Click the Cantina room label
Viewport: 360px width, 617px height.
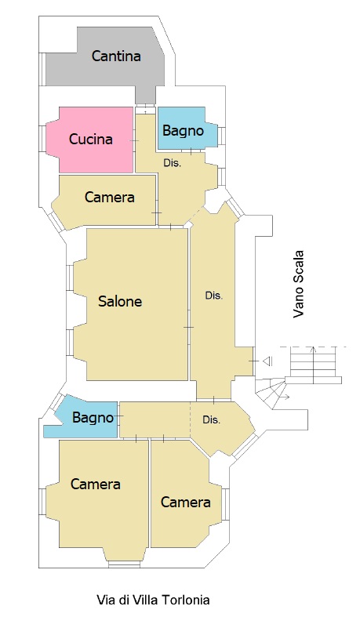click(x=116, y=56)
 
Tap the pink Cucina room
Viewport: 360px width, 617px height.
click(x=89, y=140)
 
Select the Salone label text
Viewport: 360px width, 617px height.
click(x=120, y=301)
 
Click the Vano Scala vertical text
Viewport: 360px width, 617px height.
click(x=299, y=284)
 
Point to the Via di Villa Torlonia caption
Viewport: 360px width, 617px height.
click(x=153, y=600)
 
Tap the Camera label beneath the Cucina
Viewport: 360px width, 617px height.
click(x=109, y=197)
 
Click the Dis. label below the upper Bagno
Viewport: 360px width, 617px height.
click(x=172, y=163)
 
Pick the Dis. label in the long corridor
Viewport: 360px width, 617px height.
click(x=214, y=296)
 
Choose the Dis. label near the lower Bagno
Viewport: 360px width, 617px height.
click(x=211, y=420)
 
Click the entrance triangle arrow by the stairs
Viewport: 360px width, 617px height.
click(x=268, y=361)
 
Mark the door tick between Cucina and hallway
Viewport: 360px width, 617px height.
click(x=134, y=141)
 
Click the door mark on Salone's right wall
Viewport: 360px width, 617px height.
click(x=189, y=328)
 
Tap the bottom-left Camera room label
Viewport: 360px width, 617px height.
click(x=95, y=484)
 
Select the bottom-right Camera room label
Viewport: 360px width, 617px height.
click(x=185, y=502)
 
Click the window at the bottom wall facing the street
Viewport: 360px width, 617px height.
click(x=125, y=564)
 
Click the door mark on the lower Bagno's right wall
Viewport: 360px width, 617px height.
click(x=118, y=416)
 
